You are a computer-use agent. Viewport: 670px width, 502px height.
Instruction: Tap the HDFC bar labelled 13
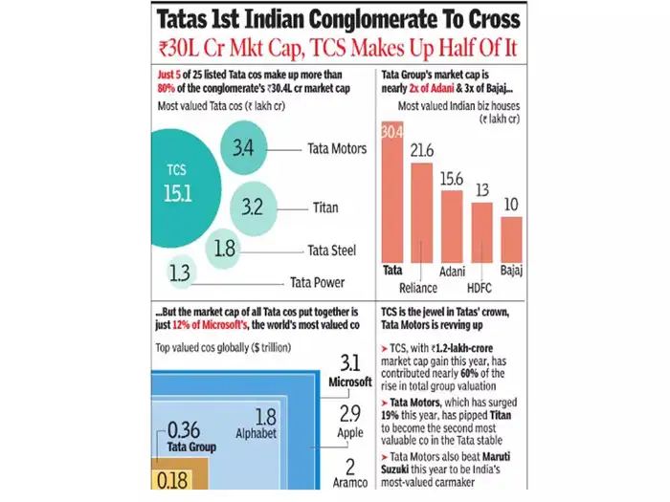(x=481, y=230)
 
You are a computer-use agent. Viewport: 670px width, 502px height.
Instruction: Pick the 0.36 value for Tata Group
(x=184, y=429)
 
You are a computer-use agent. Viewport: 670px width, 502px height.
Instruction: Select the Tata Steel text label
(x=332, y=251)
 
